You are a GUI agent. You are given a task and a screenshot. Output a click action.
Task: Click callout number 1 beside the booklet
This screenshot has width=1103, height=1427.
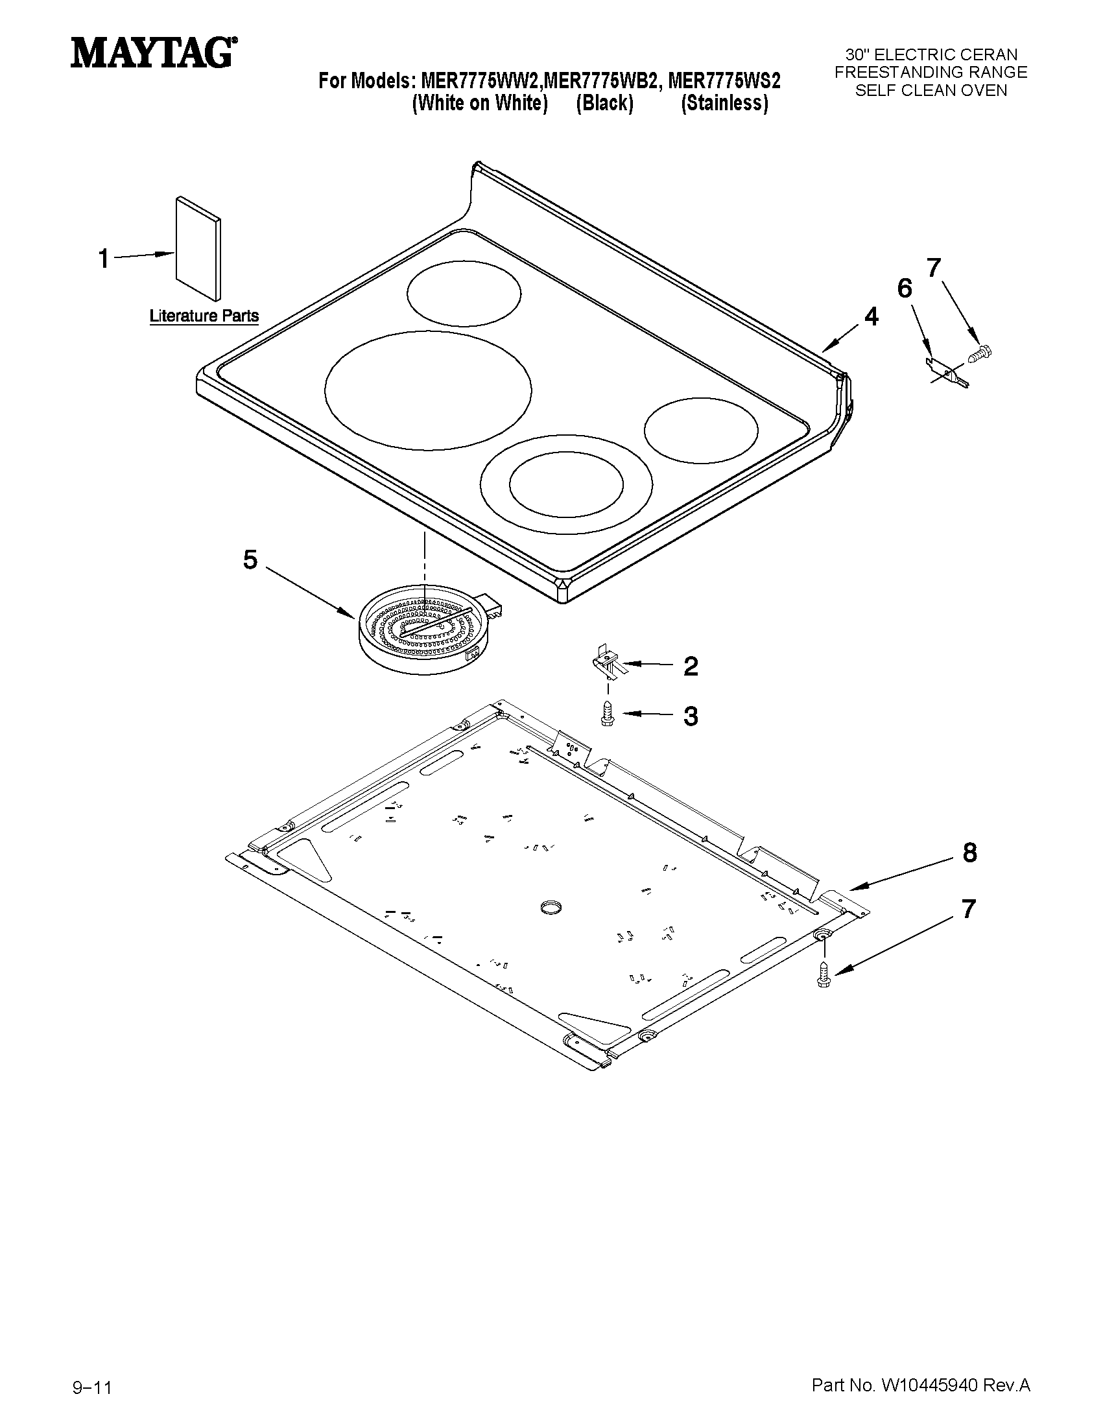pyautogui.click(x=103, y=259)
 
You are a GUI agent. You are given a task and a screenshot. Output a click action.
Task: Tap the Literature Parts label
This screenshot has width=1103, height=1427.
pyautogui.click(x=204, y=316)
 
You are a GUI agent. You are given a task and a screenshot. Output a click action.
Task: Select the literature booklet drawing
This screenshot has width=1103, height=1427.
pyautogui.click(x=198, y=247)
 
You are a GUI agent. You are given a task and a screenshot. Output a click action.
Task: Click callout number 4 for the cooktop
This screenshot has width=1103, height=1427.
pyautogui.click(x=871, y=317)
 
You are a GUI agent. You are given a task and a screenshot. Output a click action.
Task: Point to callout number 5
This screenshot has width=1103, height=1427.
pyautogui.click(x=250, y=560)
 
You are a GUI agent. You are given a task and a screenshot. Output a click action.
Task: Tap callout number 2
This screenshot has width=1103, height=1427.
pyautogui.click(x=691, y=666)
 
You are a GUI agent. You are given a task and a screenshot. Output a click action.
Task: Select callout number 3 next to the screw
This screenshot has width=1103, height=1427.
pyautogui.click(x=691, y=716)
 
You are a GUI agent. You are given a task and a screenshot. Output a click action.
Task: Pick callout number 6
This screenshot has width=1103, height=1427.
pyautogui.click(x=905, y=288)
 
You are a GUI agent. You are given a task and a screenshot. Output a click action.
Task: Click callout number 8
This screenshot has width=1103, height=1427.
pyautogui.click(x=969, y=853)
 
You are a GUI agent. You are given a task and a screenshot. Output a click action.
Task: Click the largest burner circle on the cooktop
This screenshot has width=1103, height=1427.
pyautogui.click(x=427, y=390)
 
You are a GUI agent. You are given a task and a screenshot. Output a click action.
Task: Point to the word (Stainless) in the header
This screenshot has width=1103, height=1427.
pyautogui.click(x=724, y=103)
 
